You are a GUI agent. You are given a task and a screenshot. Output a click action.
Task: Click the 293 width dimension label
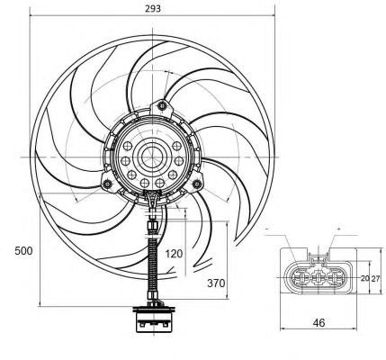click(x=153, y=8)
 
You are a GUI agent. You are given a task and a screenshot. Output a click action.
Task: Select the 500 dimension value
click(x=23, y=251)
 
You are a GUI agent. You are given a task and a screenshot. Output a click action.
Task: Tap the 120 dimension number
click(x=174, y=254)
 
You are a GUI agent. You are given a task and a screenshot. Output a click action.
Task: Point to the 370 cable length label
click(x=216, y=283)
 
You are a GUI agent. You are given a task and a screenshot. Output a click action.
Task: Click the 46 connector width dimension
click(x=319, y=323)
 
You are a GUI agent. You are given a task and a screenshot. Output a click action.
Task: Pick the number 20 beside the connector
click(x=364, y=278)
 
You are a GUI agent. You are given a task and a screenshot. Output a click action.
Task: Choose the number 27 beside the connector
click(x=375, y=278)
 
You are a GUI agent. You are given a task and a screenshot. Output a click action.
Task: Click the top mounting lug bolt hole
click(x=162, y=105)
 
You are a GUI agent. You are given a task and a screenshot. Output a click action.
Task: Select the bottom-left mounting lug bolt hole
click(x=107, y=184)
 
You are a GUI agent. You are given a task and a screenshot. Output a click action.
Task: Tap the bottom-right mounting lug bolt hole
click(x=197, y=184)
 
